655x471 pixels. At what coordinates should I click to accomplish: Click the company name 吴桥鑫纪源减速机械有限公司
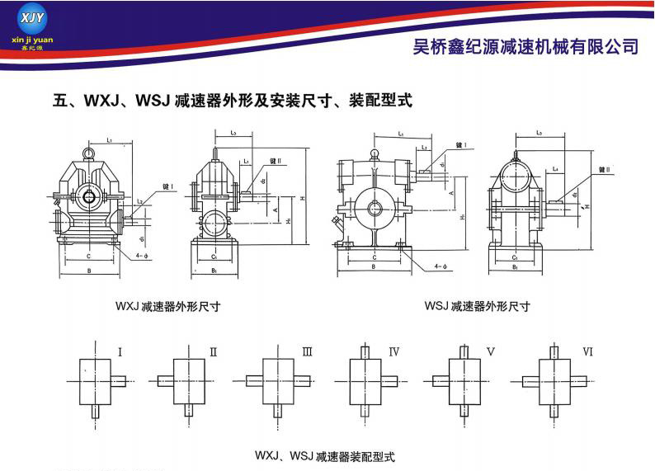click(x=525, y=46)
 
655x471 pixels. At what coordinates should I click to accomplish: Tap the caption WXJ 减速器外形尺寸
click(x=167, y=305)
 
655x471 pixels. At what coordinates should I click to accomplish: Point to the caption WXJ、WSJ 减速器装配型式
click(x=326, y=455)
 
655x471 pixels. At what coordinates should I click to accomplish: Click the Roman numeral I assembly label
click(x=120, y=352)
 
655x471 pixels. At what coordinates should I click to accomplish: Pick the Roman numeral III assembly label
click(x=307, y=352)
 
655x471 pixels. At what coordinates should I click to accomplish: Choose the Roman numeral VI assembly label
click(x=587, y=352)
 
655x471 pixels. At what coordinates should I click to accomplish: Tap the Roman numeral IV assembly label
click(x=394, y=352)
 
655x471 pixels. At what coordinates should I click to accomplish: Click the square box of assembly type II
click(x=189, y=380)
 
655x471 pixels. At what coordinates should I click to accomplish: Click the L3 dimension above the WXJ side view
click(x=233, y=133)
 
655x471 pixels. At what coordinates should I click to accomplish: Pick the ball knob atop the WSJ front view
click(x=374, y=153)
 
